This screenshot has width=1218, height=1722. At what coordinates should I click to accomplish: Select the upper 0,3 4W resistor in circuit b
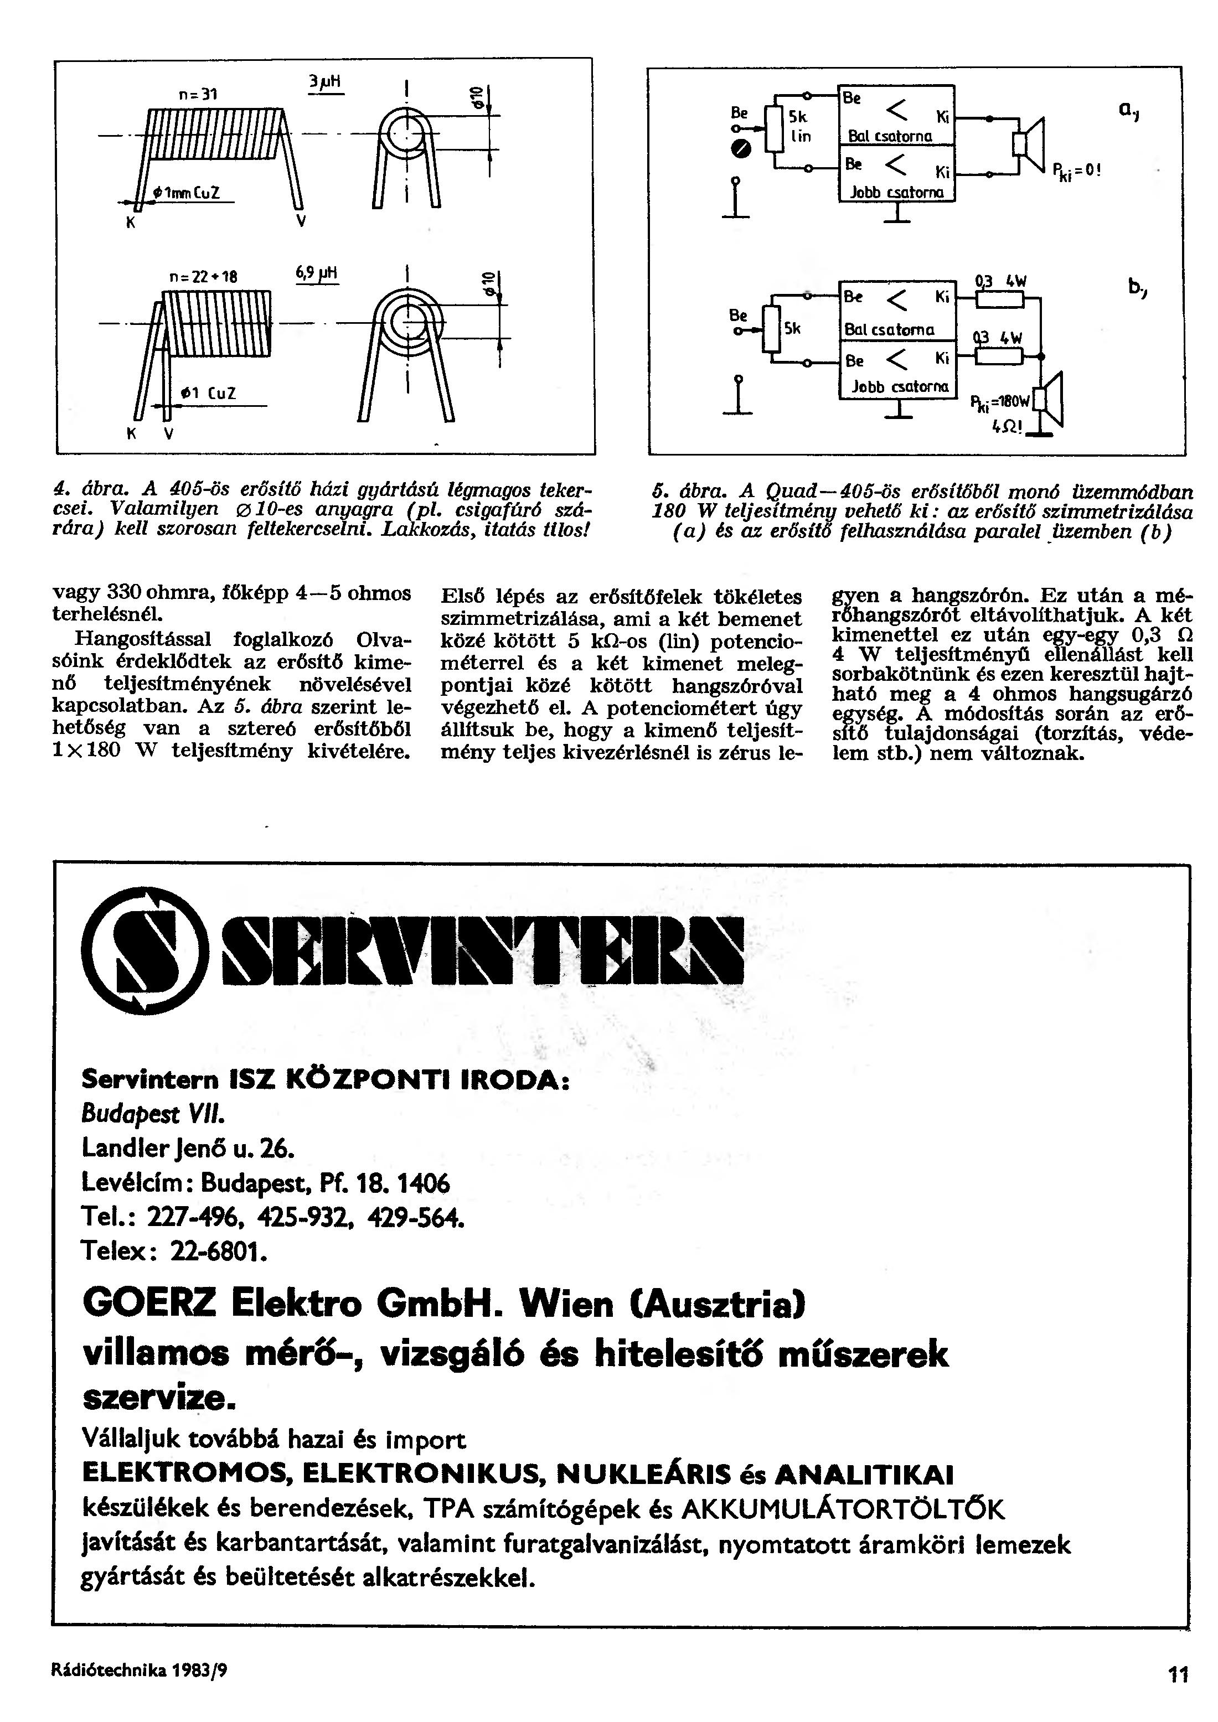tap(1000, 300)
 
